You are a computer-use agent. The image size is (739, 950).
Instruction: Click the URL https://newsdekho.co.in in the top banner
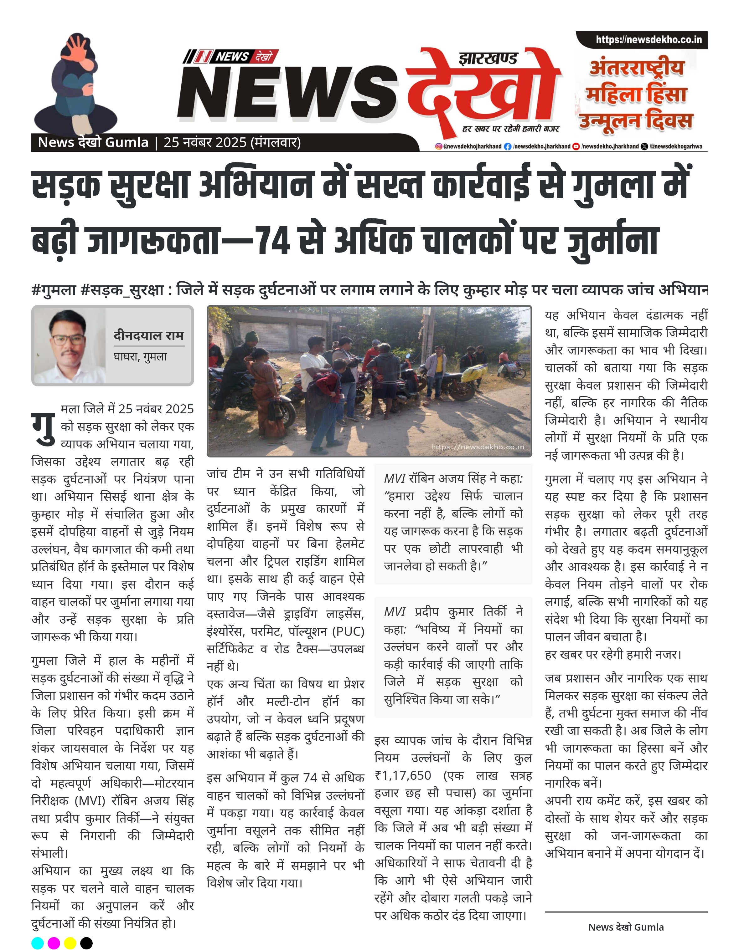tap(649, 39)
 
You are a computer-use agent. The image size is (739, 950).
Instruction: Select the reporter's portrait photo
tap(70, 346)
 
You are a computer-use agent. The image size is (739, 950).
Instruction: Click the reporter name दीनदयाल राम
tap(148, 335)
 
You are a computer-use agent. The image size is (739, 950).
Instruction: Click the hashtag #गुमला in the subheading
tap(54, 290)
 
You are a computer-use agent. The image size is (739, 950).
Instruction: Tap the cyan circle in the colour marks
tap(38, 943)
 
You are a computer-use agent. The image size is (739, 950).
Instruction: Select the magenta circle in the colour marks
tap(54, 943)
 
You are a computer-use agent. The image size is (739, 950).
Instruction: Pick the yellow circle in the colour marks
tap(70, 943)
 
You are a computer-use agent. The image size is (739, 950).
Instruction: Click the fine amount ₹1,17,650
tap(403, 775)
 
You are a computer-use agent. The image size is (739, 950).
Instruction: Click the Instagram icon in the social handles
tap(439, 146)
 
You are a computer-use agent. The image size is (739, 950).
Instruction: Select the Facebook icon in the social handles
tap(508, 146)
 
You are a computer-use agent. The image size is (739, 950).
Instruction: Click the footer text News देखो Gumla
tap(626, 927)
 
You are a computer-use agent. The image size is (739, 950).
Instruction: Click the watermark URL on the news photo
tap(478, 447)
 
